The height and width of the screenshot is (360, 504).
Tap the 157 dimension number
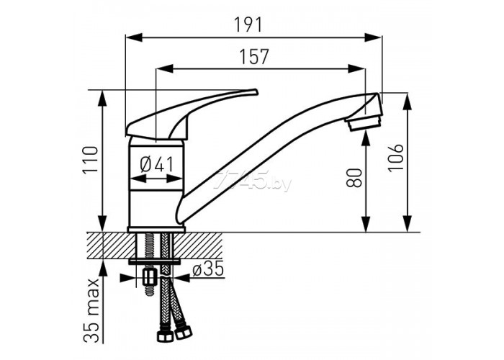pyautogui.click(x=254, y=57)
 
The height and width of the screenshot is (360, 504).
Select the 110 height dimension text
pyautogui.click(x=90, y=160)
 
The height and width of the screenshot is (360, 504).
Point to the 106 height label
pyautogui.click(x=395, y=158)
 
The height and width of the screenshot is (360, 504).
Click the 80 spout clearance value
pyautogui.click(x=354, y=178)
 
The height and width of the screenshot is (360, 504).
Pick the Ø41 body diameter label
pyautogui.click(x=156, y=164)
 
